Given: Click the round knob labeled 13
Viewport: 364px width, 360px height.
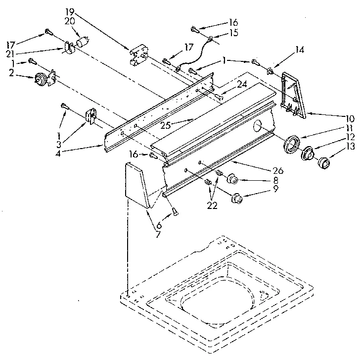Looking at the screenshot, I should coord(324,162).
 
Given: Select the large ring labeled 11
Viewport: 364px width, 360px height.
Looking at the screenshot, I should coord(291,144).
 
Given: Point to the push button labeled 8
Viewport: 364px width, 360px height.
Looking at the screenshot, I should coord(232,179).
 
